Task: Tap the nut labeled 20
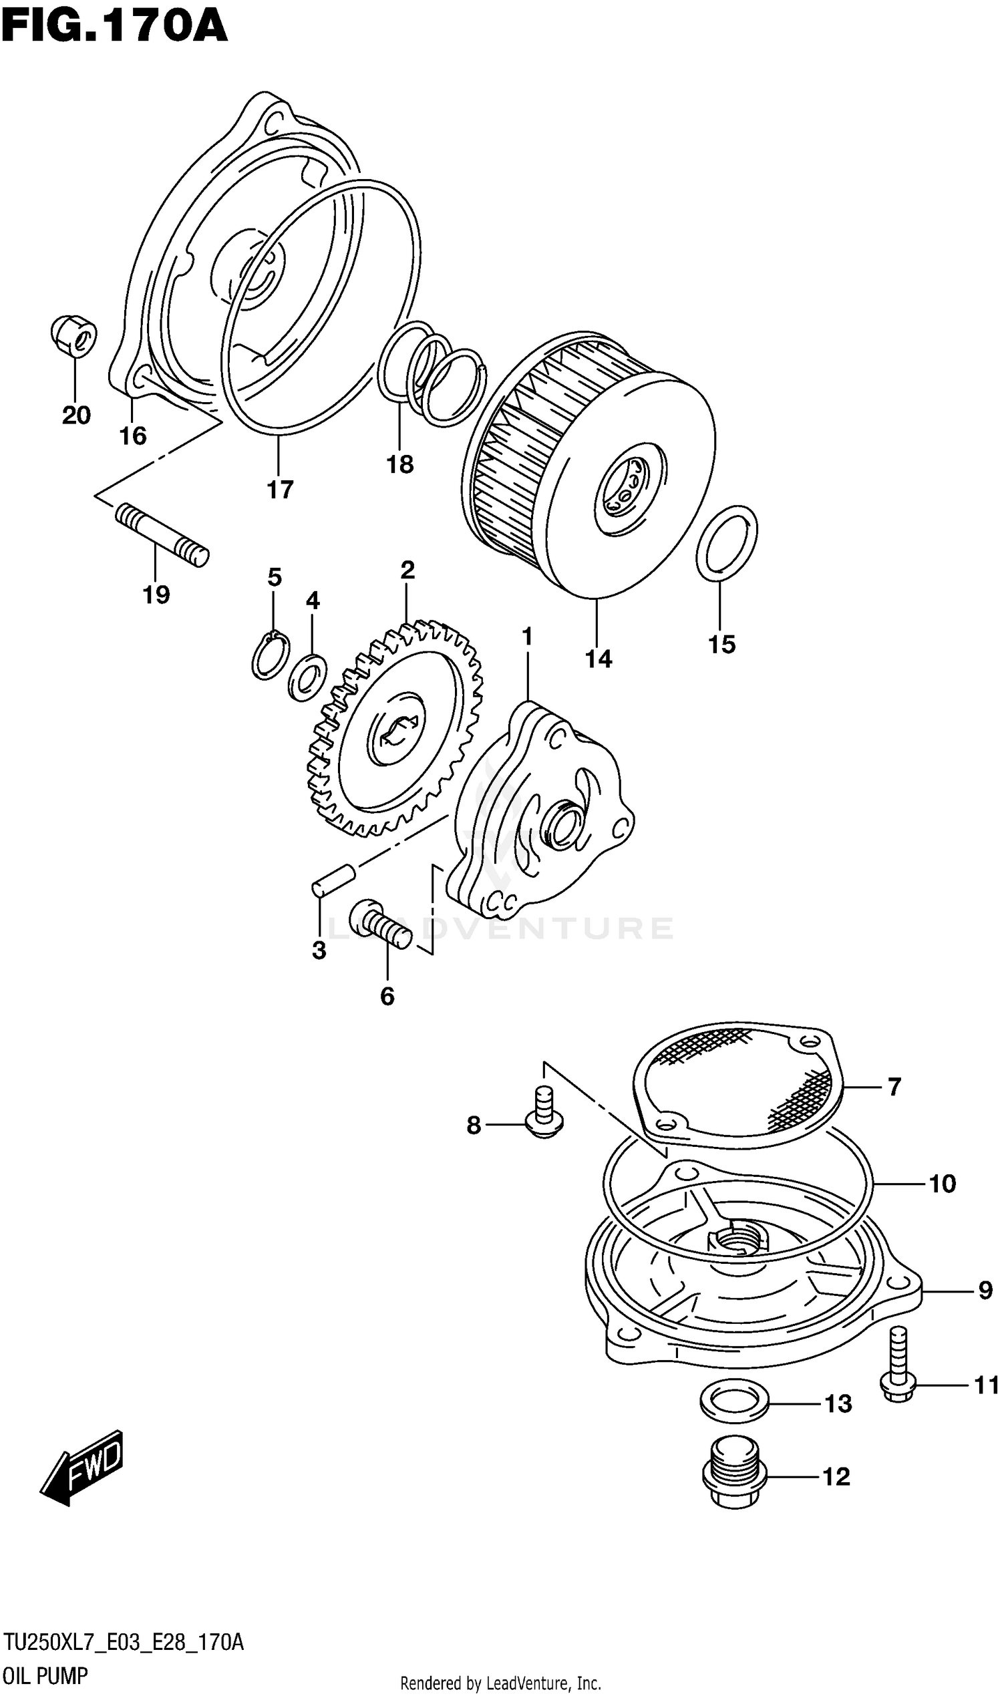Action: click(73, 337)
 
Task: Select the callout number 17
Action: click(279, 490)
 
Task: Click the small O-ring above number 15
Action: click(727, 544)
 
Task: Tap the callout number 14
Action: click(599, 658)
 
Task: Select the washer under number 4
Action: click(308, 677)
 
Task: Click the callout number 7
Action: click(894, 1086)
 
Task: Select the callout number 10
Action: click(943, 1183)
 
